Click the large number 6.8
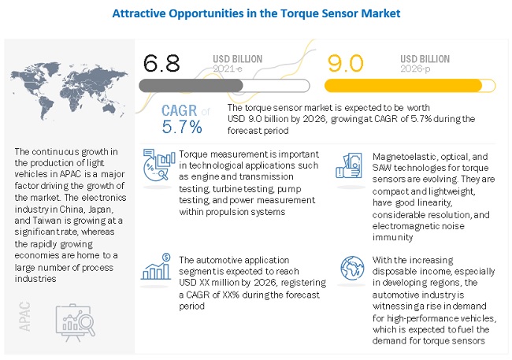click(164, 61)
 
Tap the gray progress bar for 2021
click(221, 84)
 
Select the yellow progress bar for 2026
click(403, 84)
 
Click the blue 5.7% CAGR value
click(183, 127)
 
